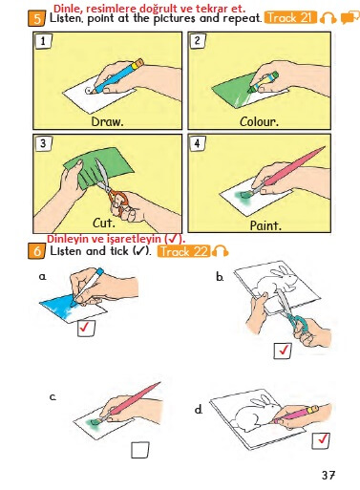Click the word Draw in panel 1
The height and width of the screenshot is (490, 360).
point(107,121)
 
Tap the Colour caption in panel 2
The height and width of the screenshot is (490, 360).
point(259,121)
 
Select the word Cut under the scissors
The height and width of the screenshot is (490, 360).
point(103,223)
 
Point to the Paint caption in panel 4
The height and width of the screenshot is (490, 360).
point(265,225)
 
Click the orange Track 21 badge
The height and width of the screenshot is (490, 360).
point(291,18)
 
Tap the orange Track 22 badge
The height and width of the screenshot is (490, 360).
point(183,251)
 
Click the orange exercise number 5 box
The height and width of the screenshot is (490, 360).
point(37,18)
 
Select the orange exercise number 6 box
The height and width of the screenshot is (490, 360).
point(37,251)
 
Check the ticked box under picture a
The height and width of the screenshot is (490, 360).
point(86,329)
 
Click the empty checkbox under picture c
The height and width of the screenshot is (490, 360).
point(140,450)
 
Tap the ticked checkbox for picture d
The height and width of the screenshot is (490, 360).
point(321,440)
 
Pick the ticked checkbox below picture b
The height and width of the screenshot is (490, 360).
point(283,351)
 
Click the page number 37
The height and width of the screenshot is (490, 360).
point(328,476)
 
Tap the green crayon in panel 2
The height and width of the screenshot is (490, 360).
point(264,82)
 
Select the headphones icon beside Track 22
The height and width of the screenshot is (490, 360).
point(221,251)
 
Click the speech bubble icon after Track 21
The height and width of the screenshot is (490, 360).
point(349,17)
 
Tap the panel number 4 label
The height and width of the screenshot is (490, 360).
point(198,143)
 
